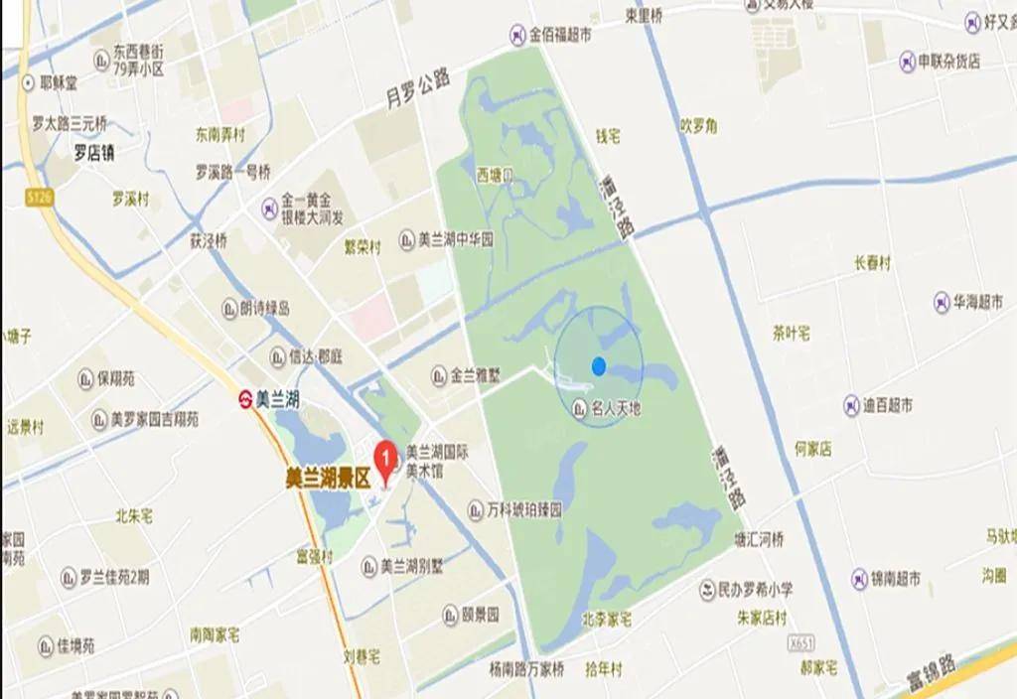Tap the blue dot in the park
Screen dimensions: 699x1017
[598, 365]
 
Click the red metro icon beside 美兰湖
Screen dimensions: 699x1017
[243, 400]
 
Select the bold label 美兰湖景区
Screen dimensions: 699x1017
[327, 477]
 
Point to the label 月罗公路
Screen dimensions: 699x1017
[418, 87]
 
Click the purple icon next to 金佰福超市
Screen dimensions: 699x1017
[517, 36]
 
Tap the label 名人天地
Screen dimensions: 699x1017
[616, 407]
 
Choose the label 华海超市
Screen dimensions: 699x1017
[976, 301]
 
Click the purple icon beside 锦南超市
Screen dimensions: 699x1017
[857, 577]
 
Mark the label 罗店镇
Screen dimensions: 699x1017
[94, 153]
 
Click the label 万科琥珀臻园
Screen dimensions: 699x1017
[525, 510]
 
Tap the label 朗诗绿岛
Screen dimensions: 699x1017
[264, 309]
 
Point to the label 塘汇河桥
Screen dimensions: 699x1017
[758, 540]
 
